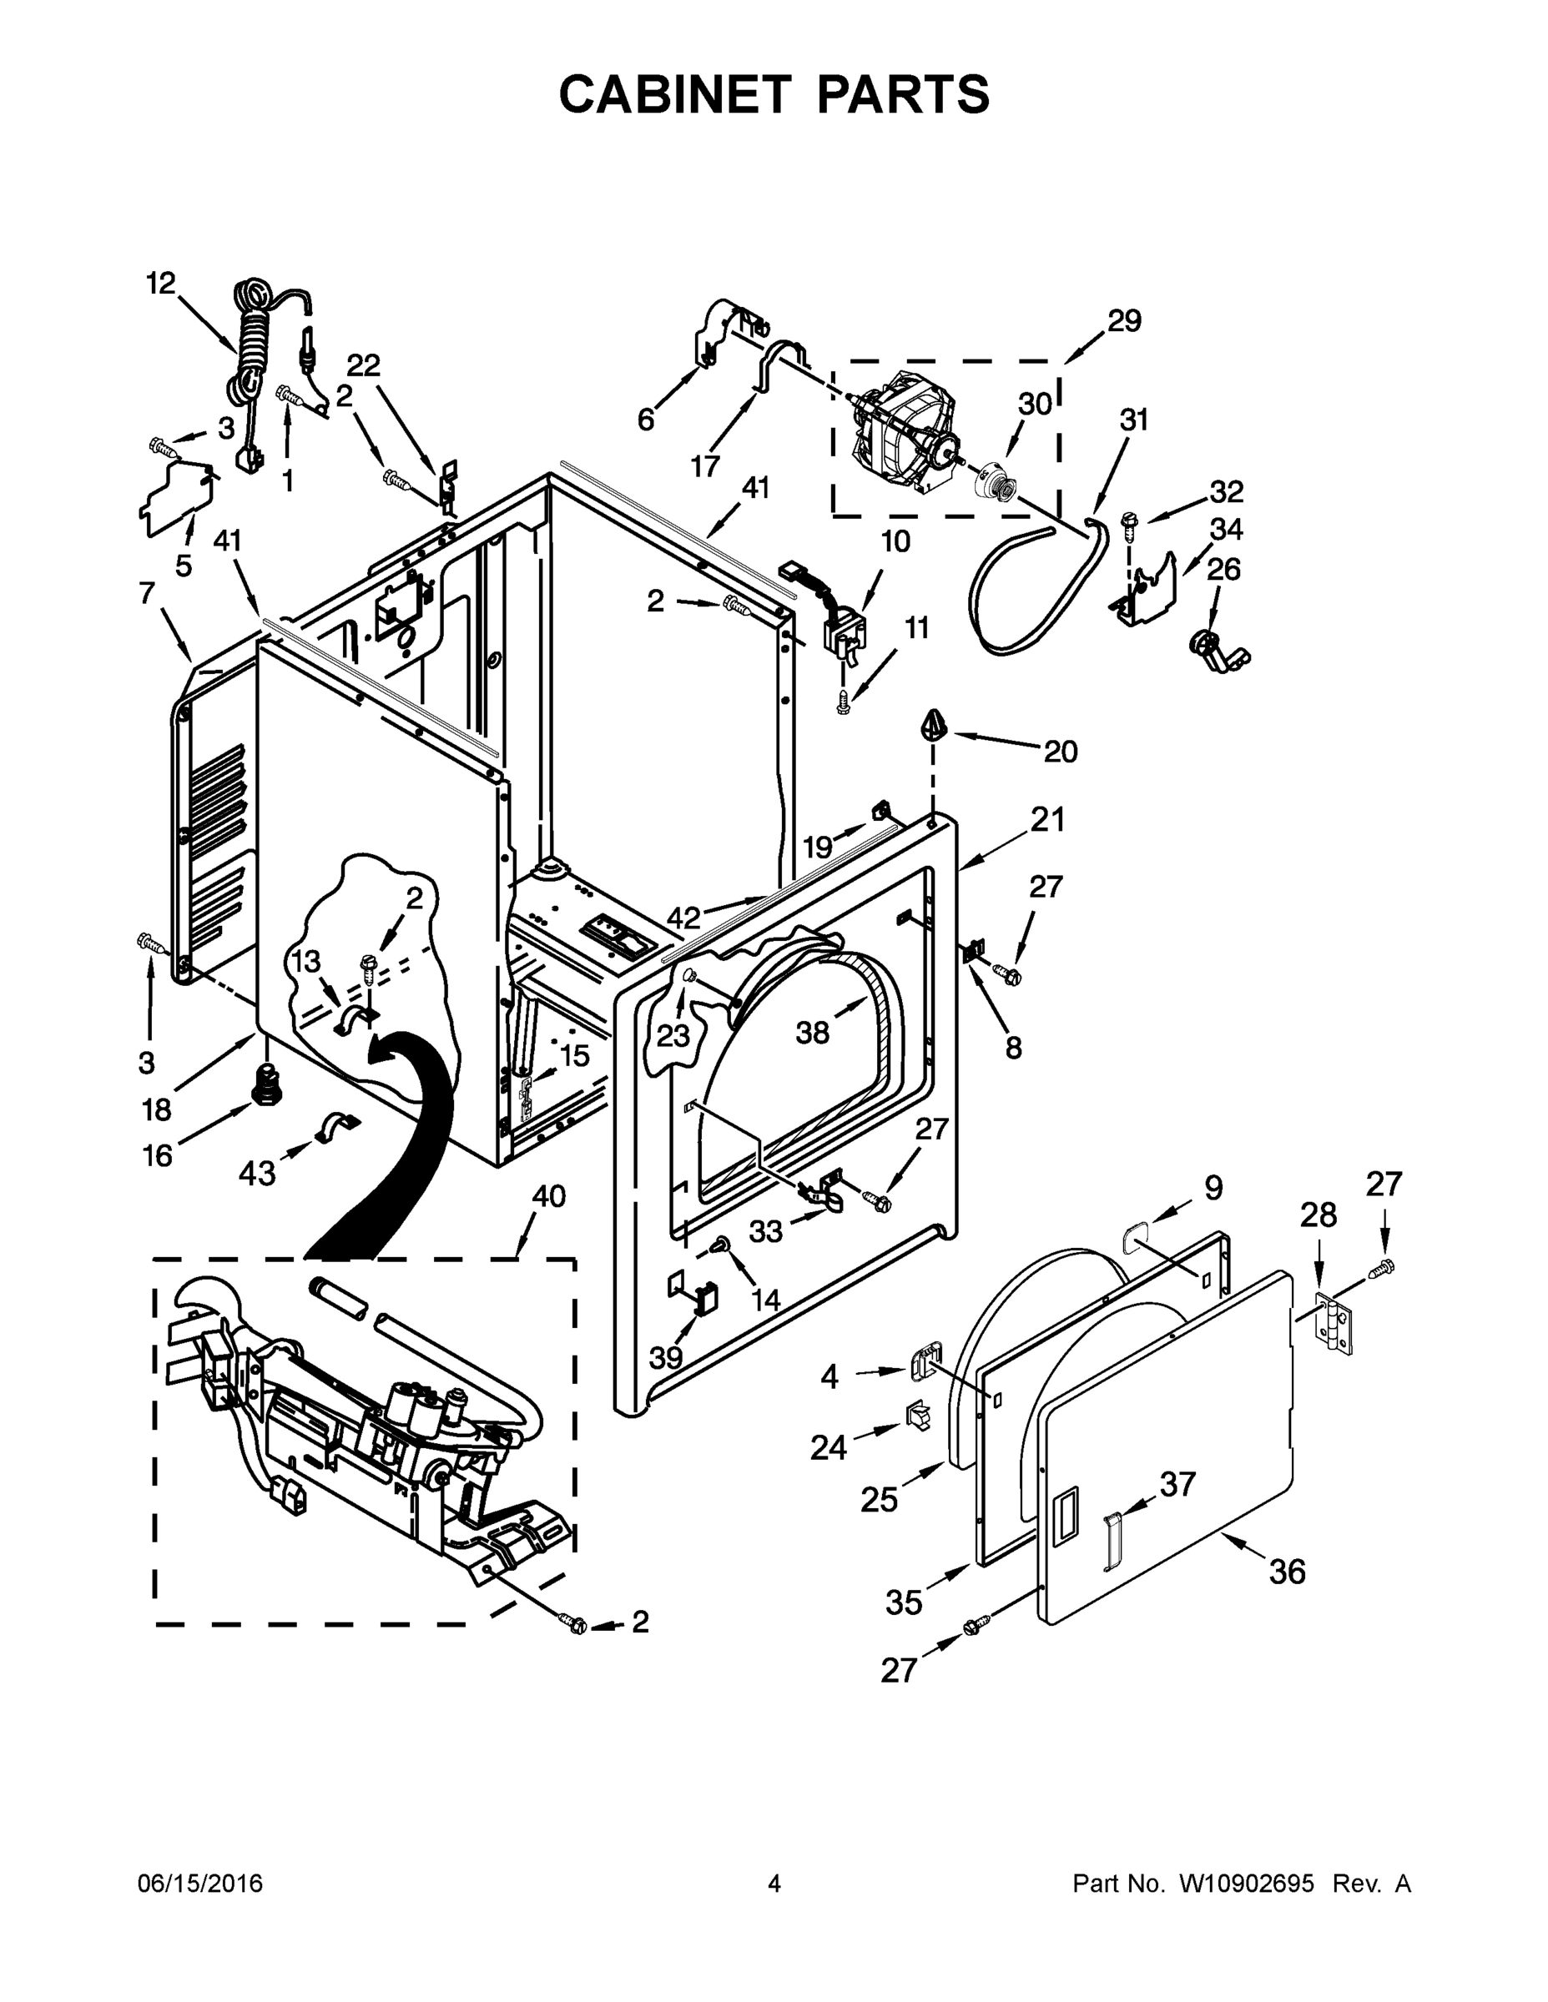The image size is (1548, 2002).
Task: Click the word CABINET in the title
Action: coord(674,94)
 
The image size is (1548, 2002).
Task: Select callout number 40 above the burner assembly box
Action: coord(548,1195)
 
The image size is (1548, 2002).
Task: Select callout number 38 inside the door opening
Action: coord(813,1032)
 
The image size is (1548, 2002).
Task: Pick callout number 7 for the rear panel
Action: coord(147,593)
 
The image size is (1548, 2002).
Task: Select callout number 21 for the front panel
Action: coord(1046,818)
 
